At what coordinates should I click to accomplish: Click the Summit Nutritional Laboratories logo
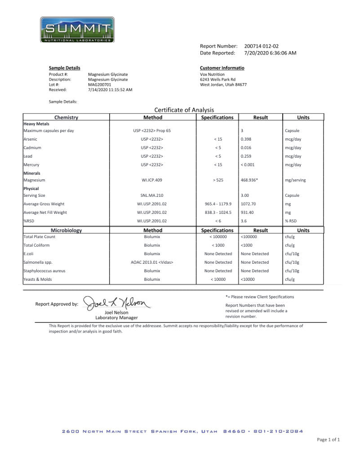(77, 30)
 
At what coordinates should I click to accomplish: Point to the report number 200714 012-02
(262, 46)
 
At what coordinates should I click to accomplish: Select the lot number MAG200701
(100, 84)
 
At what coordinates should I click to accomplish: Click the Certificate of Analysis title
(184, 110)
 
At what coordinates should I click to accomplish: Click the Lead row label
(28, 156)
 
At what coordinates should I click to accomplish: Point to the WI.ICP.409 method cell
(152, 180)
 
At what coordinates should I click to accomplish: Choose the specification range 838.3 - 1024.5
(218, 212)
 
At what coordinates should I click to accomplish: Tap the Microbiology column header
(66, 230)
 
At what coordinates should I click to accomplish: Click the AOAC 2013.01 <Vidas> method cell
(152, 262)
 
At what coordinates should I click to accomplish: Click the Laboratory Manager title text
(116, 318)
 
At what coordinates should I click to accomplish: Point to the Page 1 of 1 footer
(328, 439)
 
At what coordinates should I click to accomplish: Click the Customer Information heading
(222, 68)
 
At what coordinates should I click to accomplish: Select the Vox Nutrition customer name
(212, 74)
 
